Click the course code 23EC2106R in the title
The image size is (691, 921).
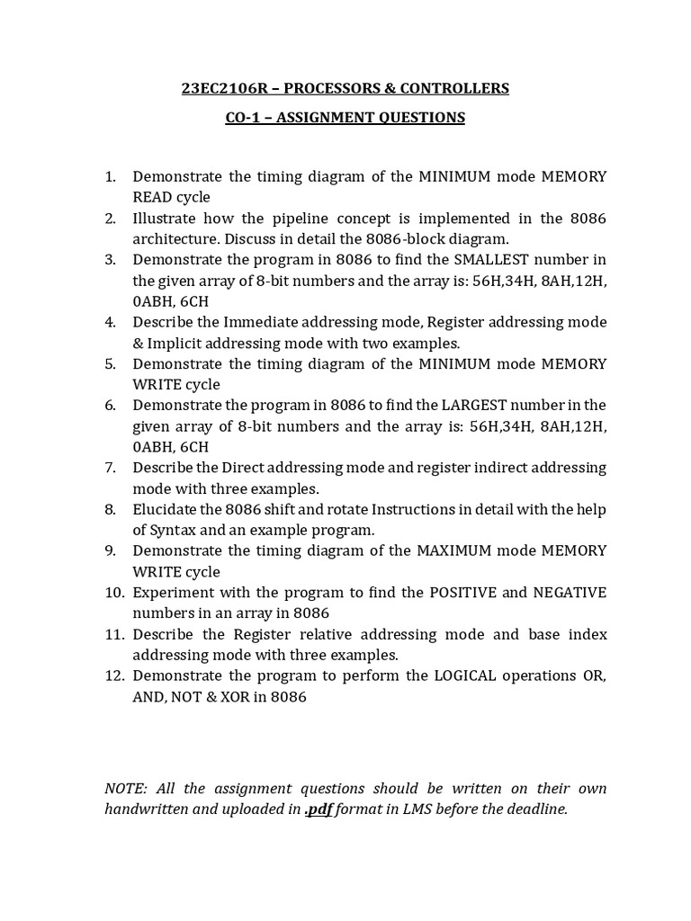tap(220, 88)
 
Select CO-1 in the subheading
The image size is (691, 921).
tap(243, 117)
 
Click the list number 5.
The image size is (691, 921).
tap(110, 363)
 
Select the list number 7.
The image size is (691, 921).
tap(110, 468)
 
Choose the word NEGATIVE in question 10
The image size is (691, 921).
tap(570, 592)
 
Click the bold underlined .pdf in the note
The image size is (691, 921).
tap(318, 809)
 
